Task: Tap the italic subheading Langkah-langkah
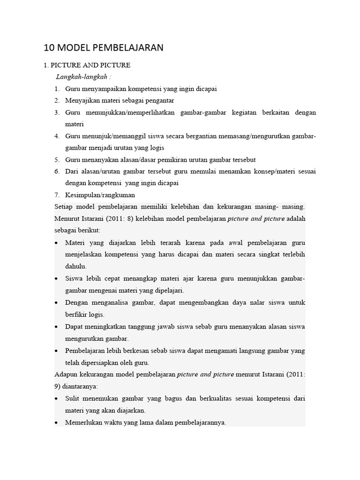[82, 76]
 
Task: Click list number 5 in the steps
[56, 159]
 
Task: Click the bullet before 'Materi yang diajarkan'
[56, 243]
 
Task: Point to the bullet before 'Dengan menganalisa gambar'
[56, 303]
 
